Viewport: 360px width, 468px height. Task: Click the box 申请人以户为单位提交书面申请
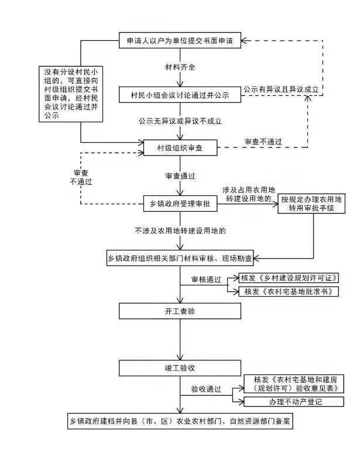[180, 40]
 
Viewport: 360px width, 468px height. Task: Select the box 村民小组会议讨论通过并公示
[180, 95]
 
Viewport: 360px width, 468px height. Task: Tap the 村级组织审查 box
[180, 148]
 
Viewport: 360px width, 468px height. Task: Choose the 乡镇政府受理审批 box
[180, 204]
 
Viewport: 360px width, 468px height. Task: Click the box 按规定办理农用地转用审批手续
[311, 204]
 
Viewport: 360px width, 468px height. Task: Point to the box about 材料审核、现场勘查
[180, 258]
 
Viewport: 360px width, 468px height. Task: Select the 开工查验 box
[180, 311]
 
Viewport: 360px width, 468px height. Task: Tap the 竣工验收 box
[180, 368]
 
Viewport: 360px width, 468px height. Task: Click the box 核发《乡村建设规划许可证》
[289, 278]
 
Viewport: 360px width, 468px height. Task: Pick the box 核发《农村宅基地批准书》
[289, 291]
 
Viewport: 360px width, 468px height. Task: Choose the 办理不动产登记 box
[294, 402]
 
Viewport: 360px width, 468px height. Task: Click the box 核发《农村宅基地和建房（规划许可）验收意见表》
[294, 384]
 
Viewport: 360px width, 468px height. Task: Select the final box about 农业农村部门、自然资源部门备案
[180, 421]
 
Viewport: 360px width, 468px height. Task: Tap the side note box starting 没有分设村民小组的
[71, 94]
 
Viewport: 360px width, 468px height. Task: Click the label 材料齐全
[180, 67]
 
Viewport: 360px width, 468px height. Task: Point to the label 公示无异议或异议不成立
[180, 121]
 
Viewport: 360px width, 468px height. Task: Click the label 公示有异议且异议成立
[281, 90]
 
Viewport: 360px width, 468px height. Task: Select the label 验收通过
[206, 389]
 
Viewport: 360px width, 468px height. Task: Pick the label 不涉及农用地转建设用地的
[180, 230]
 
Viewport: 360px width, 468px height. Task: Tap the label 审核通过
[206, 280]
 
